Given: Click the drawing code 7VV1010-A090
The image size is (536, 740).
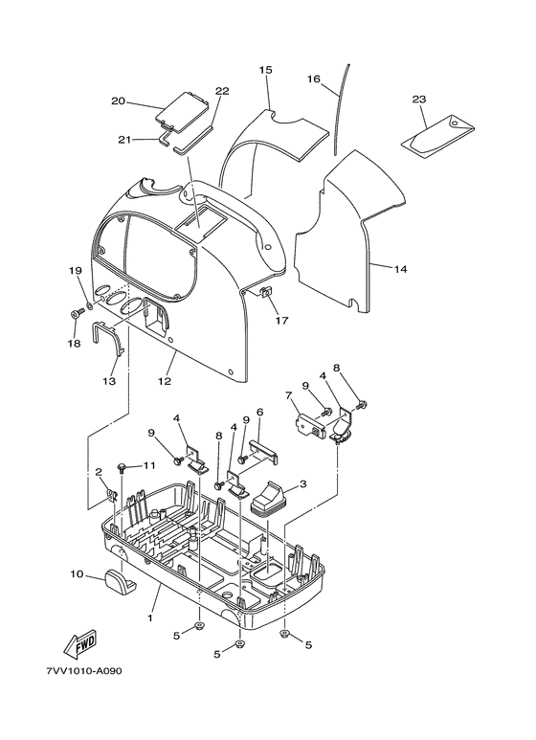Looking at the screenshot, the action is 84,671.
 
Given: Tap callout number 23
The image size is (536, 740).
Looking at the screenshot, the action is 419,100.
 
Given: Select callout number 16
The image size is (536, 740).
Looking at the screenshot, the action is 314,78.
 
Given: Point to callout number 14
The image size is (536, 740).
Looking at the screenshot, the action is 400,269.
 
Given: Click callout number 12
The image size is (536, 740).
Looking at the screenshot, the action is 165,381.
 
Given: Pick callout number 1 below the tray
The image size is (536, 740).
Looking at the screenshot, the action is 150,617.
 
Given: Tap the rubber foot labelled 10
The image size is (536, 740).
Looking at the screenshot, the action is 120,578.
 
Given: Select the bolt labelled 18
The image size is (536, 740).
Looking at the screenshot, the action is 75,313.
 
